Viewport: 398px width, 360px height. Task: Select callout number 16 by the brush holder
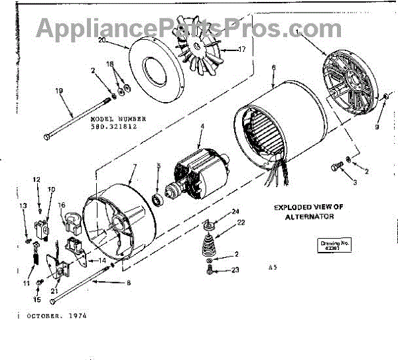[x=60, y=206]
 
